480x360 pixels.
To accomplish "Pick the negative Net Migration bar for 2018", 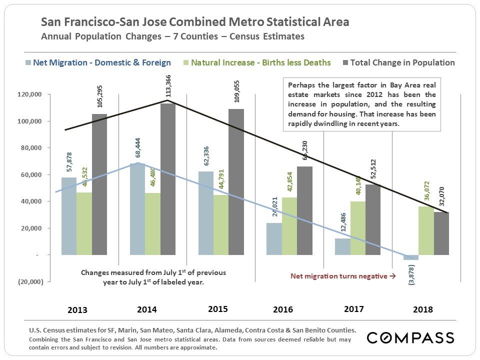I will [x=411, y=257].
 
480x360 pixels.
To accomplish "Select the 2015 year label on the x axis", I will [x=217, y=309].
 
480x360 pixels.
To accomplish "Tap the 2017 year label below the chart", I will [x=354, y=309].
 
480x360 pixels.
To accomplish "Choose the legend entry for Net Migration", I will [x=97, y=62].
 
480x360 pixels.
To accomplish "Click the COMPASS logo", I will [x=410, y=338].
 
